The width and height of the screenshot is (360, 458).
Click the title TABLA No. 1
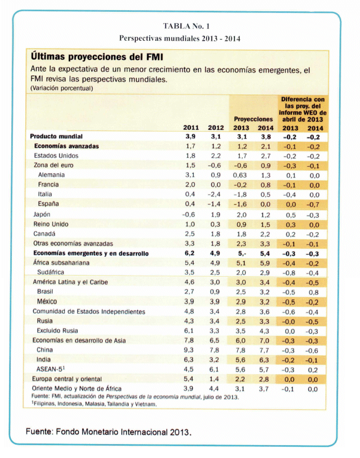click(180, 26)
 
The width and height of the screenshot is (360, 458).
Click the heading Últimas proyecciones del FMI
click(97, 56)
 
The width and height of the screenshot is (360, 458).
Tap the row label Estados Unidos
click(57, 156)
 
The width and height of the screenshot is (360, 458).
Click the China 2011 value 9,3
click(190, 350)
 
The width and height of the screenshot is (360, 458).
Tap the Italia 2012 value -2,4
click(215, 194)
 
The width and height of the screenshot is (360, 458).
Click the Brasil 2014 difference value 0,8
click(313, 292)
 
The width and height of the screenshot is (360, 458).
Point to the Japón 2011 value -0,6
click(189, 214)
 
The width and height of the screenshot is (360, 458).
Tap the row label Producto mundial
click(56, 136)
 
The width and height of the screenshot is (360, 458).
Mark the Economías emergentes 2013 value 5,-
click(240, 253)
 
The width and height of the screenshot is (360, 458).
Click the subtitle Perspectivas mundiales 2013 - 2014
click(180, 39)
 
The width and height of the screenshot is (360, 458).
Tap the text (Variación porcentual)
click(62, 88)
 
